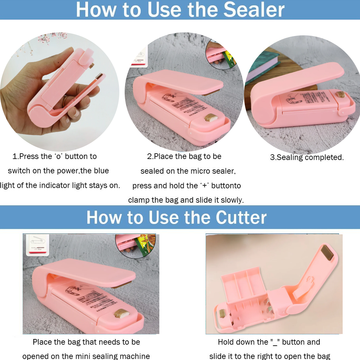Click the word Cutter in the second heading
[x=241, y=217]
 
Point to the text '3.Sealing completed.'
[x=307, y=157]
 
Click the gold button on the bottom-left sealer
[x=120, y=313]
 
